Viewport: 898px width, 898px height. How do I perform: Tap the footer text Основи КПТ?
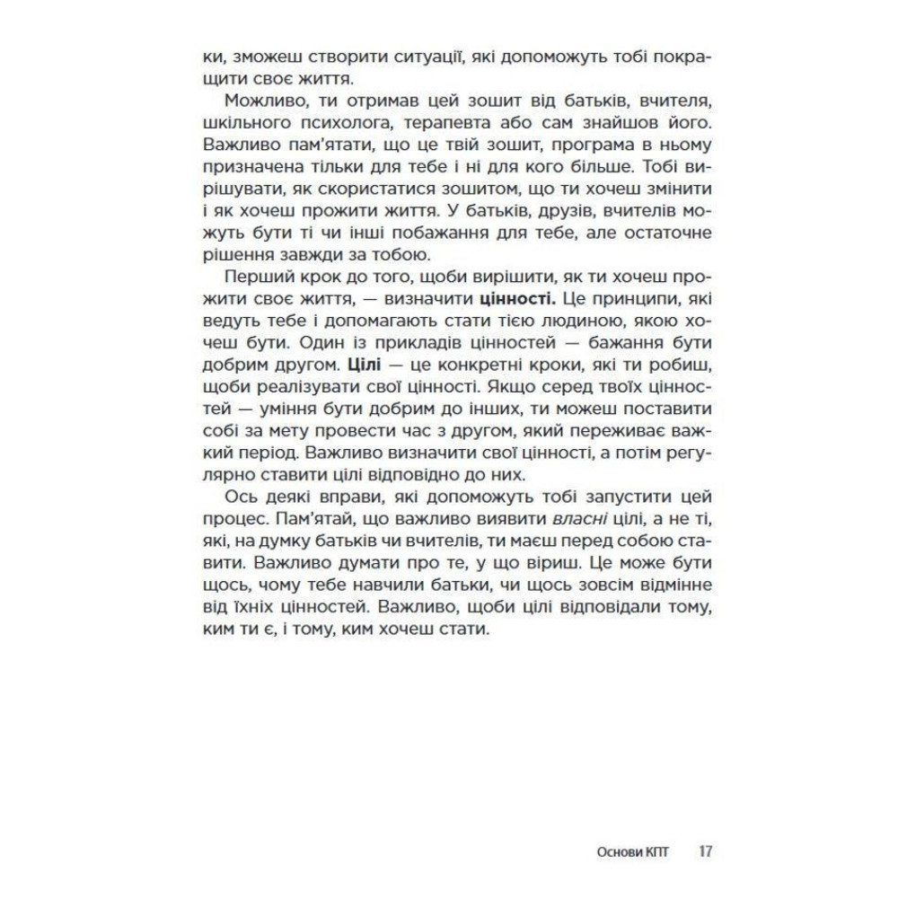[633, 850]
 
